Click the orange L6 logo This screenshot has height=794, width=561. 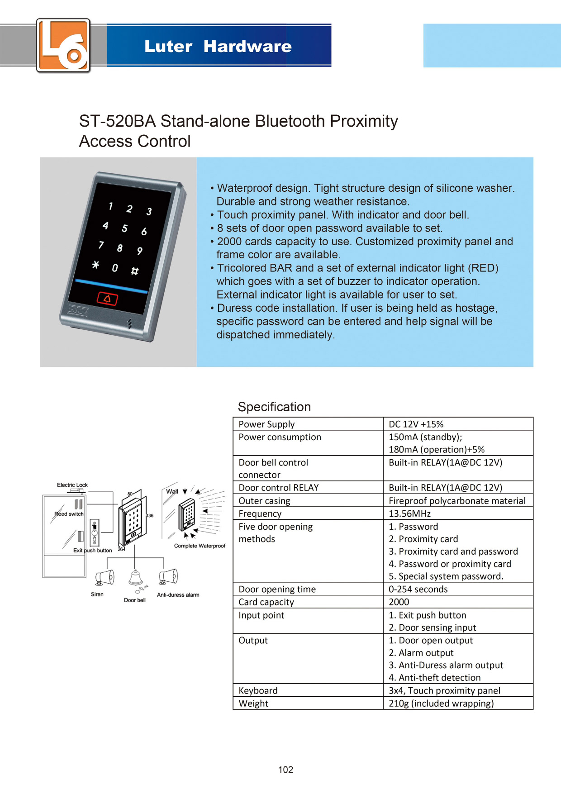(63, 45)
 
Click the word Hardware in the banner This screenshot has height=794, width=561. (247, 46)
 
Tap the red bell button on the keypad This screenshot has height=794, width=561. (108, 299)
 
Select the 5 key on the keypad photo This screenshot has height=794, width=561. (124, 228)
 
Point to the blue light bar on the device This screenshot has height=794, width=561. (111, 286)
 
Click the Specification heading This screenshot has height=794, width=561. (274, 407)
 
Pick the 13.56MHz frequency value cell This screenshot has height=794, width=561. (410, 513)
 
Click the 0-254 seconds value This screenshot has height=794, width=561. (418, 589)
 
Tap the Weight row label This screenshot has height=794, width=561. (253, 704)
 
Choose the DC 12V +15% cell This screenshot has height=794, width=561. (416, 424)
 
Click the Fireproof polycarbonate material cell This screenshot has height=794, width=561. (457, 501)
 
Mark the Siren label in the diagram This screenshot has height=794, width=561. (97, 594)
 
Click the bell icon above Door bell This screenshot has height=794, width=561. (135, 578)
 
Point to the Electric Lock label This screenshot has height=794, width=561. (72, 485)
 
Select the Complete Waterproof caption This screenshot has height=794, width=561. (200, 546)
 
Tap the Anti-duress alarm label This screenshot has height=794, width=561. (178, 595)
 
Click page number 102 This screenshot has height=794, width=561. (285, 770)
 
